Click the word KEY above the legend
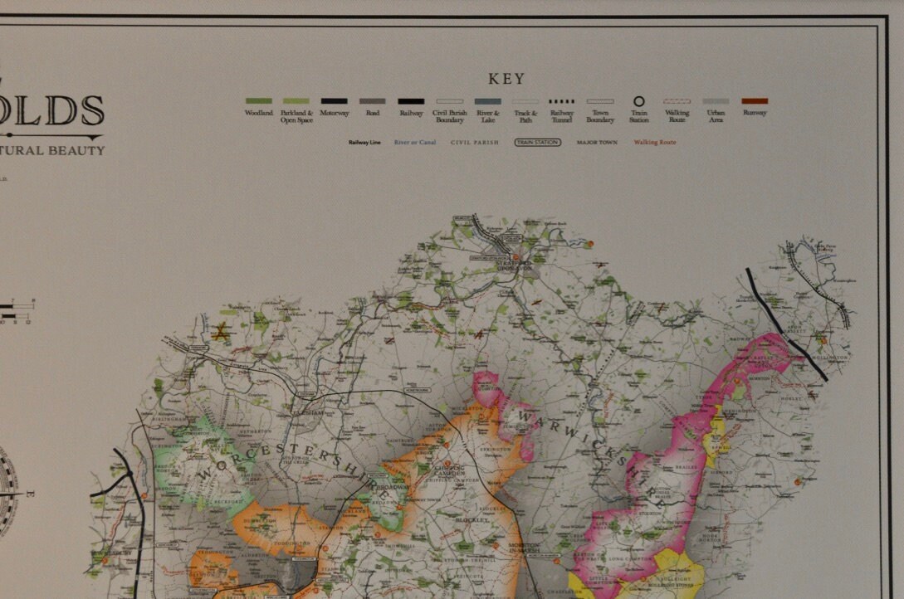click(506, 79)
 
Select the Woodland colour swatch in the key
click(258, 101)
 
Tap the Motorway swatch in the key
click(334, 101)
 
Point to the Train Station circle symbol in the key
click(638, 101)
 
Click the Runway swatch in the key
click(755, 101)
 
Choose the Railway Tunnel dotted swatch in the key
click(562, 101)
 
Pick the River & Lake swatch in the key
click(487, 101)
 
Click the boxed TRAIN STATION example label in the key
click(537, 142)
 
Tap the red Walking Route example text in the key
click(655, 142)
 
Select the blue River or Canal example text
click(415, 142)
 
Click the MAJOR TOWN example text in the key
click(598, 142)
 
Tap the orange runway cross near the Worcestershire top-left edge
click(222, 333)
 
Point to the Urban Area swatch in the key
click(716, 101)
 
